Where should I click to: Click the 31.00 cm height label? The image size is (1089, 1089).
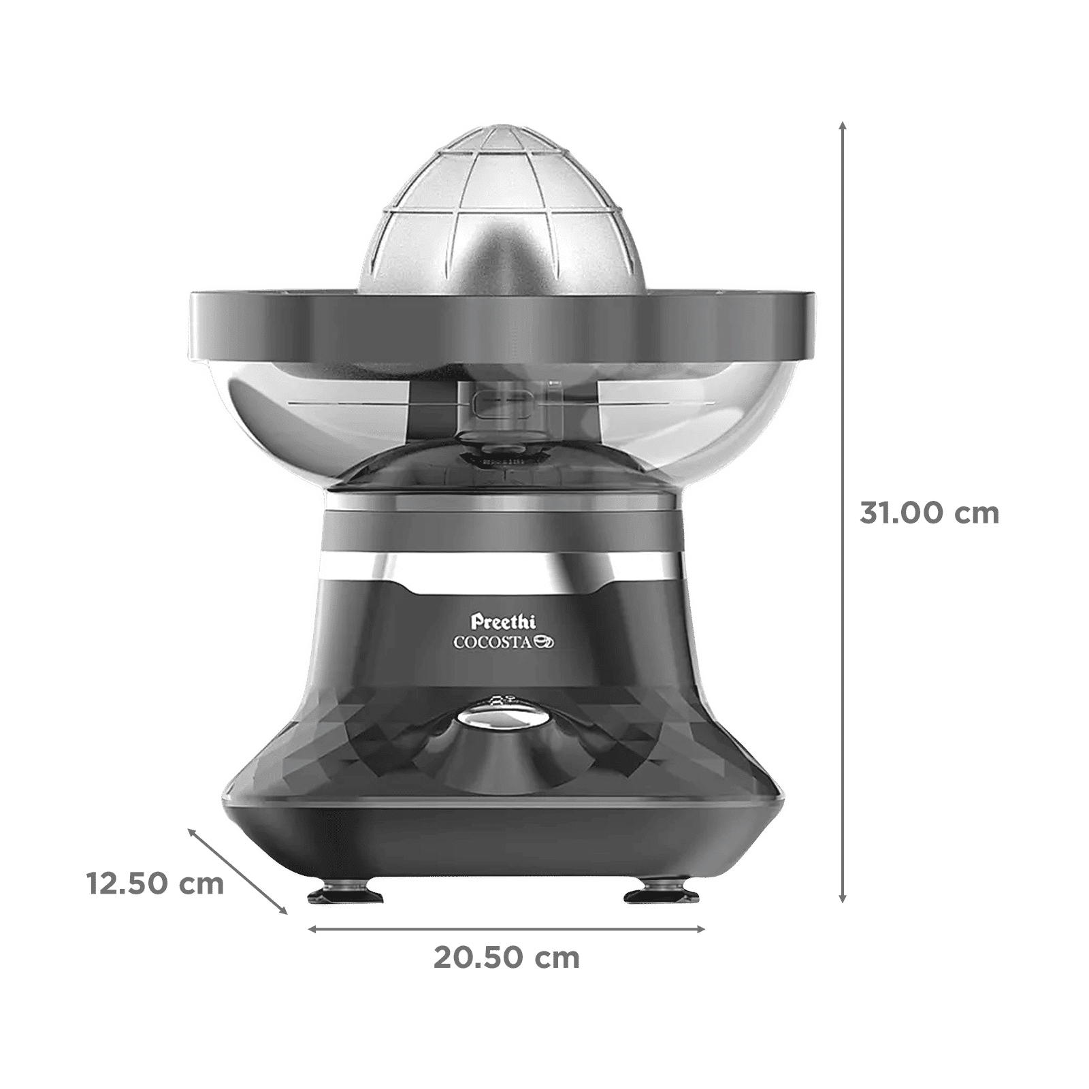(x=930, y=515)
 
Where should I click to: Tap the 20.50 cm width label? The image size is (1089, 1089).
(x=507, y=958)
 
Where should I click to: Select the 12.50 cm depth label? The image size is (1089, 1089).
(x=155, y=885)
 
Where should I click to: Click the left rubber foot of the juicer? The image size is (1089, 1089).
(x=338, y=897)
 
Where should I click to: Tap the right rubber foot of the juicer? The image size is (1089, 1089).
(x=658, y=897)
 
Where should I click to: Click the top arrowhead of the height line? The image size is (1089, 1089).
(x=843, y=124)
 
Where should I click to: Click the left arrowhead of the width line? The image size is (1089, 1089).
(x=312, y=929)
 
